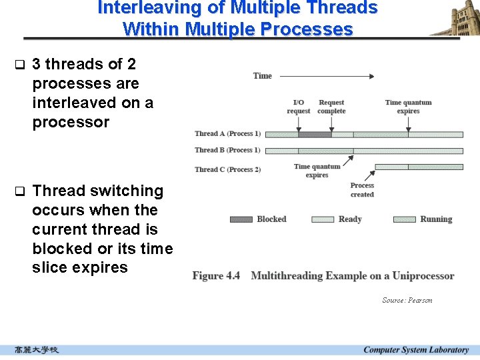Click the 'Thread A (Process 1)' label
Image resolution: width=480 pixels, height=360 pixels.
click(227, 134)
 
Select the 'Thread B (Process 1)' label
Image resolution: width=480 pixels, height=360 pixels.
click(227, 151)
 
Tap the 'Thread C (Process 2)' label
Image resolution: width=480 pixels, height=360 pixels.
click(227, 169)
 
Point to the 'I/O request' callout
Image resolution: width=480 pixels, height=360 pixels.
click(299, 107)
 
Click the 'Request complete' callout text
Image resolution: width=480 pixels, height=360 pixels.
click(331, 107)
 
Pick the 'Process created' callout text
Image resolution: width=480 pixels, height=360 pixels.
click(362, 190)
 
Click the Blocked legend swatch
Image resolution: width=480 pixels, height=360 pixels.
click(241, 219)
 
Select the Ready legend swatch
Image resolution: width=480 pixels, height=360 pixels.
click(323, 219)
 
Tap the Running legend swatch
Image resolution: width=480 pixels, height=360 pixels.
click(405, 219)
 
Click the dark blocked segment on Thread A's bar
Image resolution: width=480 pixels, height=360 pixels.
click(315, 135)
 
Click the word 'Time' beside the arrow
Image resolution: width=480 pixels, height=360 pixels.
click(263, 76)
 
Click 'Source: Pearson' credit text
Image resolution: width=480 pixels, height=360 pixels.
click(407, 301)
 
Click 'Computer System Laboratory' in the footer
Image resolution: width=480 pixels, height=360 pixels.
click(416, 350)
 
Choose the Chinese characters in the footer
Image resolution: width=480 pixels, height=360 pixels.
click(37, 350)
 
